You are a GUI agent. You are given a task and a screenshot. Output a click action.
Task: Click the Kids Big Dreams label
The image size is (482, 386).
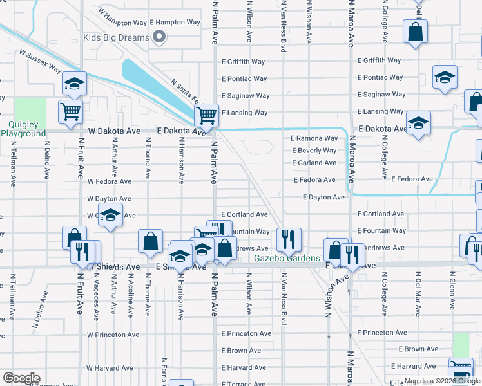(116, 37)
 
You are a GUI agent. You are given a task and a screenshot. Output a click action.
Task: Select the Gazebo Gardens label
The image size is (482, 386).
(287, 259)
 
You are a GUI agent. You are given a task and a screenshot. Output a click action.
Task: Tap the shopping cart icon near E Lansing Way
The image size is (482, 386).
(206, 115)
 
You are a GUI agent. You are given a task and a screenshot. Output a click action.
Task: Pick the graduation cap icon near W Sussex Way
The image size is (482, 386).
(75, 83)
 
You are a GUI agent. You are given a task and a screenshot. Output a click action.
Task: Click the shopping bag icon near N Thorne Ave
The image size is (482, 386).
(150, 241)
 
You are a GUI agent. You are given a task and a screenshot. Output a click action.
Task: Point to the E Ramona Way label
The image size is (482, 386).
(314, 138)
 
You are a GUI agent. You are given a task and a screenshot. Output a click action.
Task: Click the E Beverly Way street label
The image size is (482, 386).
(314, 151)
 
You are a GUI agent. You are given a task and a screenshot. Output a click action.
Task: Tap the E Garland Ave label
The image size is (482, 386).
(314, 163)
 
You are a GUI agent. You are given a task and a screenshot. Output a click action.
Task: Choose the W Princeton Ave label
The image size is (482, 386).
(113, 335)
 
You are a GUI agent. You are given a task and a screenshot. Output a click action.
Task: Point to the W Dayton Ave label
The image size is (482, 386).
(110, 199)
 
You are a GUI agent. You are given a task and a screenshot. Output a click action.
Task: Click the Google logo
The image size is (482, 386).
(21, 378)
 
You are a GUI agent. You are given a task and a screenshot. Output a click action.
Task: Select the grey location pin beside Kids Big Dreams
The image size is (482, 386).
(159, 37)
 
